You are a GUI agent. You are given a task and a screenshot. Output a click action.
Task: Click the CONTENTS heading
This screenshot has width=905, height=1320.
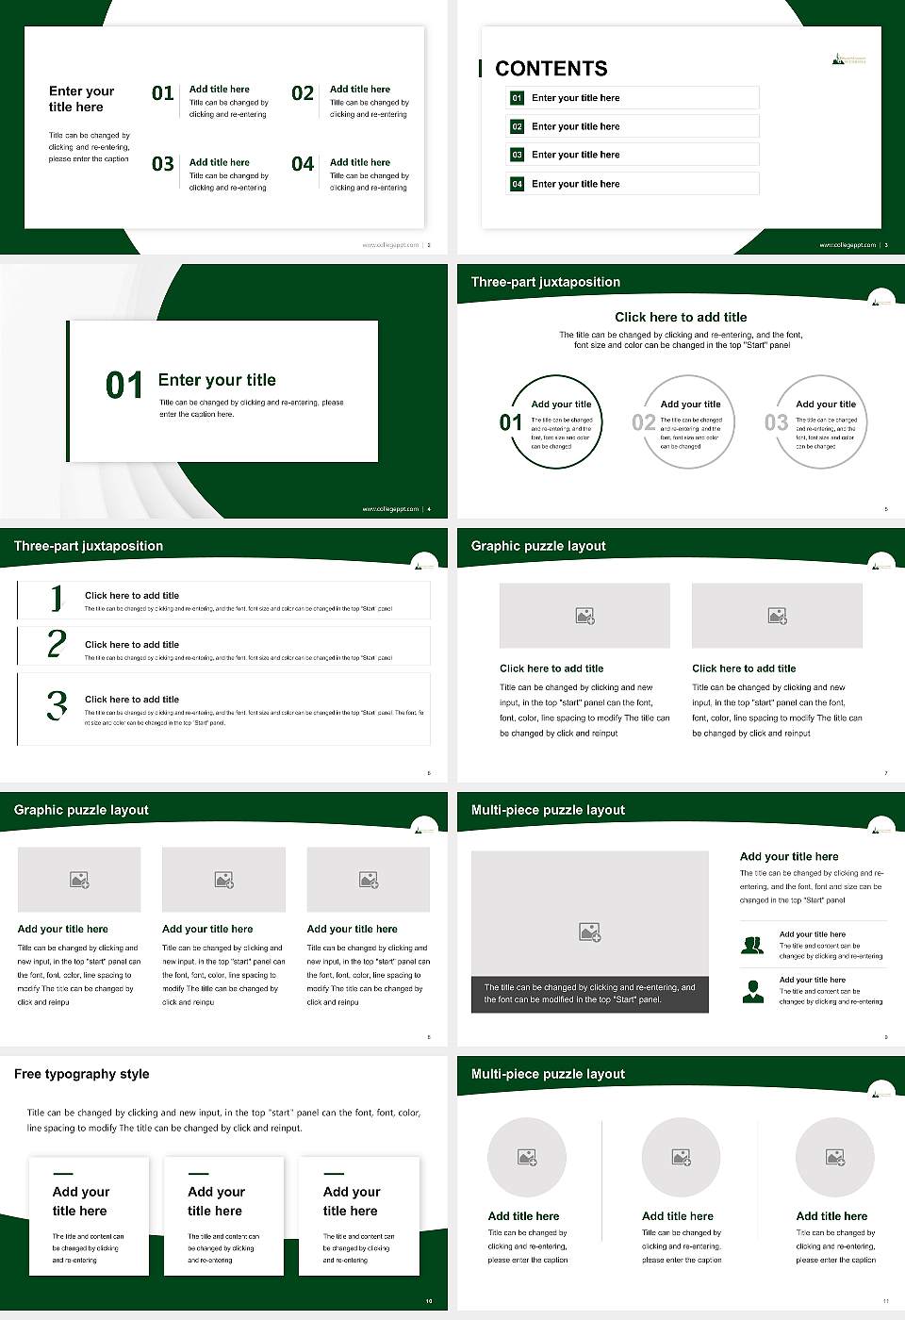[x=551, y=69]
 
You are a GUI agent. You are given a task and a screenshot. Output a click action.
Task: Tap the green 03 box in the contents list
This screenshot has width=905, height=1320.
[x=517, y=155]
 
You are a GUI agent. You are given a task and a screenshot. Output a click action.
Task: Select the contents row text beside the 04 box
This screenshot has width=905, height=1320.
[x=575, y=184]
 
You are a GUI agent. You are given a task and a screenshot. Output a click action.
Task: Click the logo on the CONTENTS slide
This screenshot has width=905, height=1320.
[x=848, y=59]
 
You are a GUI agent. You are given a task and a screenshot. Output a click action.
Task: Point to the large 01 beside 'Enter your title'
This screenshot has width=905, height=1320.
[x=123, y=386]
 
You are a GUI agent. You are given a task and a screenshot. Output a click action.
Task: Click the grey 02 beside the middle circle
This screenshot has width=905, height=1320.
[x=644, y=422]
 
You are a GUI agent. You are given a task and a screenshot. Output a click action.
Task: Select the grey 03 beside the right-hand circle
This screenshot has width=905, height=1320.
[x=776, y=422]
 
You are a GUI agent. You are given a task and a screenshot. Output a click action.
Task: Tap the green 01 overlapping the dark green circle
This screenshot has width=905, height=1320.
[x=510, y=422]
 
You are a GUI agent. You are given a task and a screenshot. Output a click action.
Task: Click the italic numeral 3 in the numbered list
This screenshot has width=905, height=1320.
[x=57, y=705]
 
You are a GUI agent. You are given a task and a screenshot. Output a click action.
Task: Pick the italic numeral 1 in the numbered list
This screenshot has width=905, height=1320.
[x=57, y=598]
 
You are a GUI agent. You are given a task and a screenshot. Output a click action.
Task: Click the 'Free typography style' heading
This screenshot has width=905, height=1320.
[x=82, y=1074]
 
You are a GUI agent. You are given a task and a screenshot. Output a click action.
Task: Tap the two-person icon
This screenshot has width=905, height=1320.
[x=752, y=945]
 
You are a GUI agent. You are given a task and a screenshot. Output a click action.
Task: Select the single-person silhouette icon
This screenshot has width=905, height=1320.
[x=752, y=991]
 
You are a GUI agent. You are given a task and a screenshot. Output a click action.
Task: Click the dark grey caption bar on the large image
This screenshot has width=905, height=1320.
[x=589, y=994]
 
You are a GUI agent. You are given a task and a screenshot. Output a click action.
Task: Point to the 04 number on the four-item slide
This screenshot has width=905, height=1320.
[x=303, y=165]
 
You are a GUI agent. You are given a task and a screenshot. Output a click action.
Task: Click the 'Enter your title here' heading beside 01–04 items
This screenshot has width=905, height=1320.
[x=81, y=99]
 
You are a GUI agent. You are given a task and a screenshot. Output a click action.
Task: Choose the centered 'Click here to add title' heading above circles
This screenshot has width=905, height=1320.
[x=681, y=318]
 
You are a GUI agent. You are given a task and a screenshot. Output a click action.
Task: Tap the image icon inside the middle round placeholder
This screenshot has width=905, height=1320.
[x=681, y=1157]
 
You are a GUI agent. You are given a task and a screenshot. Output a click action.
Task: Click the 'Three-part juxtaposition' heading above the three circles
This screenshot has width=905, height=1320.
[x=546, y=282]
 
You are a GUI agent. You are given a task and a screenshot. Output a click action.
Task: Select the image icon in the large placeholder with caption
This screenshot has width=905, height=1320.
[x=589, y=932]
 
